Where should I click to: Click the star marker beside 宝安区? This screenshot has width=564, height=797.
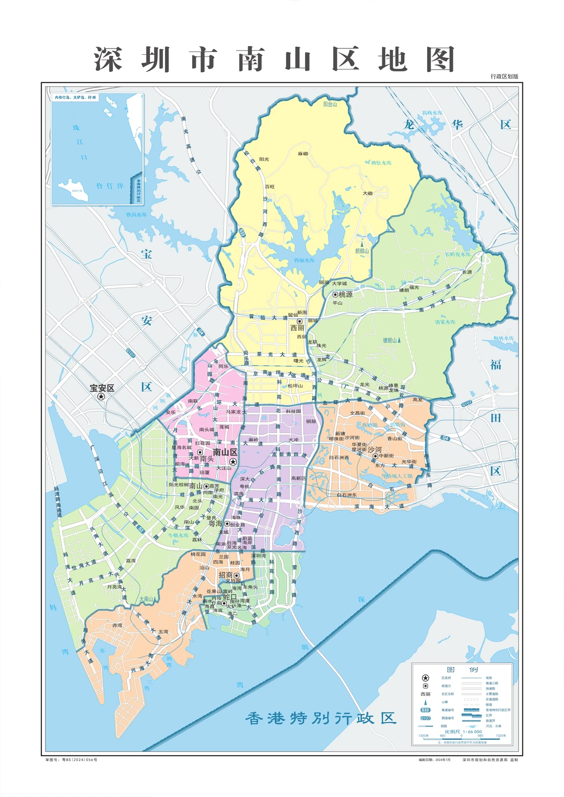pyautogui.click(x=101, y=396)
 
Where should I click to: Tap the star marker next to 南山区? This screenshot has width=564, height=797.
pyautogui.click(x=233, y=462)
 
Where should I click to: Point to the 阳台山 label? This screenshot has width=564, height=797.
pyautogui.click(x=330, y=104)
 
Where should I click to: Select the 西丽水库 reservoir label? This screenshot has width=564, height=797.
pyautogui.click(x=304, y=260)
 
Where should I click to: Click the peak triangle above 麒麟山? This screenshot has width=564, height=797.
pyautogui.click(x=362, y=243)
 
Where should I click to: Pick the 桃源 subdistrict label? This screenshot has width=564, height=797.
pyautogui.click(x=345, y=295)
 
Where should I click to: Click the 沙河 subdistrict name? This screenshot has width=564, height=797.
pyautogui.click(x=374, y=449)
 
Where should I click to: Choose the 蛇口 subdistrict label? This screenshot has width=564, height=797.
pyautogui.click(x=230, y=597)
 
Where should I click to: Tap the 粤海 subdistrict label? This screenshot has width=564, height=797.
pyautogui.click(x=215, y=523)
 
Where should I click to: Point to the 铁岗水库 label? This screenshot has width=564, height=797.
pyautogui.click(x=136, y=214)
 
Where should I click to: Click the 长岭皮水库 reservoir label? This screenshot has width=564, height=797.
pyautogui.click(x=457, y=255)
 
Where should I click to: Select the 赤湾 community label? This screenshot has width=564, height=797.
pyautogui.click(x=117, y=625)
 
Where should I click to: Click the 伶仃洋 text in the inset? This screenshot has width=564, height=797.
pyautogui.click(x=110, y=186)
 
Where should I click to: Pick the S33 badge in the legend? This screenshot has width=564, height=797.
pyautogui.click(x=425, y=710)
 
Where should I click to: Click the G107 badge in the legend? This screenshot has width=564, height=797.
pyautogui.click(x=425, y=718)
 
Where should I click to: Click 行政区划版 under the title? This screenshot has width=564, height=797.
pyautogui.click(x=504, y=76)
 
